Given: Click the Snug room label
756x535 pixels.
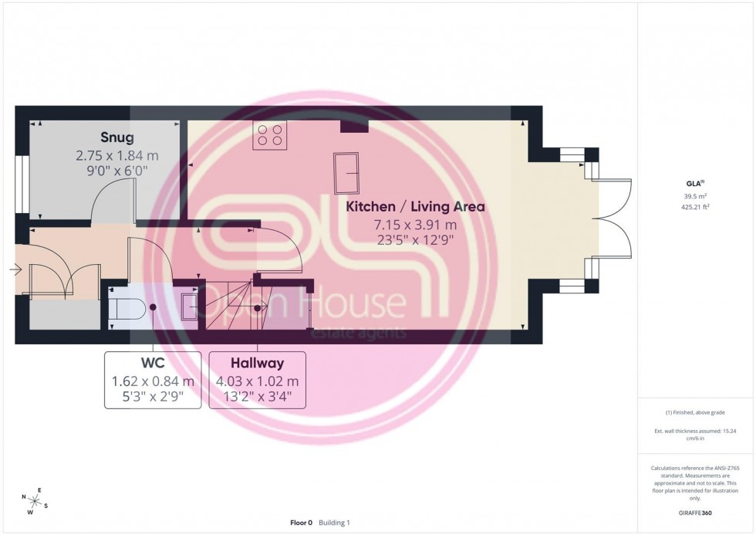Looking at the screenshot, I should [116, 139].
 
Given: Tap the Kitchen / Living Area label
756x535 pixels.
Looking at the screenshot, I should [415, 207].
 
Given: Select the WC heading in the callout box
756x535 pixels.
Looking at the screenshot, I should [152, 363].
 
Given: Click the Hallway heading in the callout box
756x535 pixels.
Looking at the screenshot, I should [258, 363].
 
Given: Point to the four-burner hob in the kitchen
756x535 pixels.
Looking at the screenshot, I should [269, 136].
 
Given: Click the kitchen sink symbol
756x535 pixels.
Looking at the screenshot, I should [346, 173].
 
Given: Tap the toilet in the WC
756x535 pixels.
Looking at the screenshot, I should [127, 308].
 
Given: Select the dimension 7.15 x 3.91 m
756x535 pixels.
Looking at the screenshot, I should [415, 225].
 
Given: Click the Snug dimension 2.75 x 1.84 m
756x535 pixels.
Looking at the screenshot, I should [116, 155].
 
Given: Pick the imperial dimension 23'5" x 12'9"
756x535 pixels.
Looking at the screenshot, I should [415, 240].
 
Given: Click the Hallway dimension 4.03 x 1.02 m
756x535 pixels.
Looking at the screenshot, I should [258, 381].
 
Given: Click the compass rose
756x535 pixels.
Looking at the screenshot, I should [34, 500].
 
